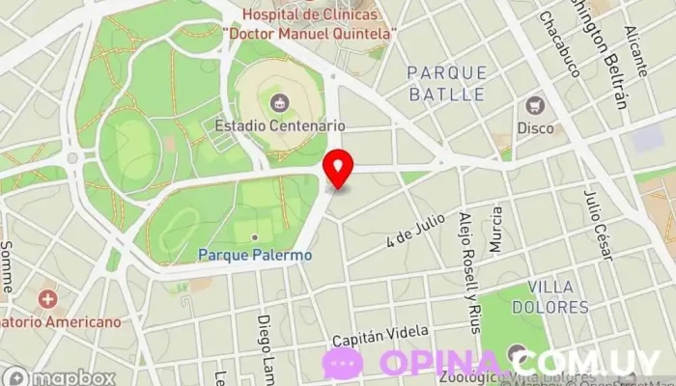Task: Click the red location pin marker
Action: pyautogui.click(x=338, y=169)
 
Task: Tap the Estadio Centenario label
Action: pyautogui.click(x=280, y=125)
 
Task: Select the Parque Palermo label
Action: pyautogui.click(x=255, y=255)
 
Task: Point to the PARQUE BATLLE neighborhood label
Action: pyautogui.click(x=445, y=83)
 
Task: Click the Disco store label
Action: pyautogui.click(x=535, y=127)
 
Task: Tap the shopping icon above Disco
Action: pyautogui.click(x=535, y=105)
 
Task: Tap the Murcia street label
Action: pyautogui.click(x=496, y=230)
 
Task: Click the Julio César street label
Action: pyautogui.click(x=598, y=225)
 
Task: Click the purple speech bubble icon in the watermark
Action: pyautogui.click(x=342, y=363)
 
